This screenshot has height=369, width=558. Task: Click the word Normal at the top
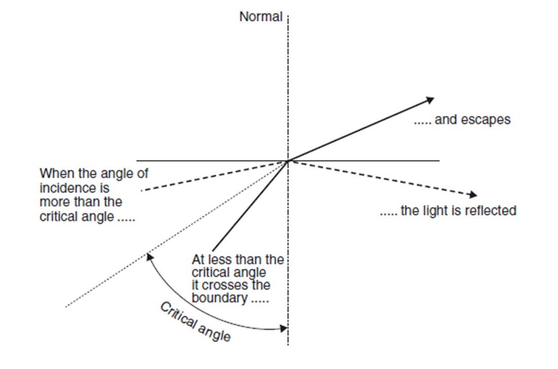tap(261, 17)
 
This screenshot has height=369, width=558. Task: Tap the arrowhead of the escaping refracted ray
tap(430, 99)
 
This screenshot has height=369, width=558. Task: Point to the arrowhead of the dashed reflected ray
tap(473, 194)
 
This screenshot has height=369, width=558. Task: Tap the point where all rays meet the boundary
tap(288, 161)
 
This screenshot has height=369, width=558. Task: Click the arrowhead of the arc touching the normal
tap(284, 329)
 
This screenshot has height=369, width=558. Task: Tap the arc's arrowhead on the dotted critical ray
tap(149, 257)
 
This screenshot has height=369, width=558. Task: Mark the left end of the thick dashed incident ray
tap(141, 190)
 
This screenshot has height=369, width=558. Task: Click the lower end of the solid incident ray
tap(213, 251)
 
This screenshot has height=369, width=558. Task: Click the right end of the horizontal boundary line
tap(439, 161)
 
